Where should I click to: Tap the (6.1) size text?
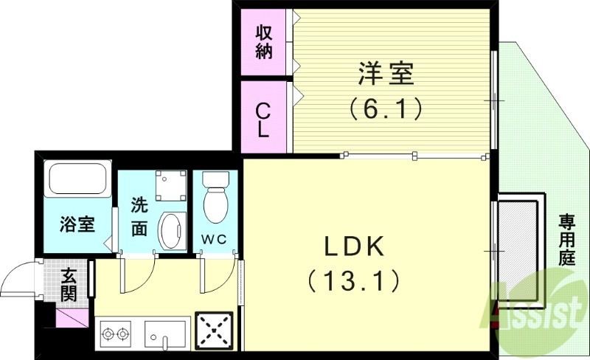(x=386, y=109)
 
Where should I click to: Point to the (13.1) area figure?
(x=355, y=280)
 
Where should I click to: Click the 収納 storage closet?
(x=264, y=42)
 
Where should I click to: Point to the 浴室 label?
(x=77, y=224)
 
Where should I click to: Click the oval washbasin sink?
(x=173, y=231)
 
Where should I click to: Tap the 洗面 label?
(x=140, y=217)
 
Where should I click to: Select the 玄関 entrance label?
(x=68, y=285)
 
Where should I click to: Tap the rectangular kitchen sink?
(x=166, y=334)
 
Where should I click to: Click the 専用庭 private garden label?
(x=566, y=240)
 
